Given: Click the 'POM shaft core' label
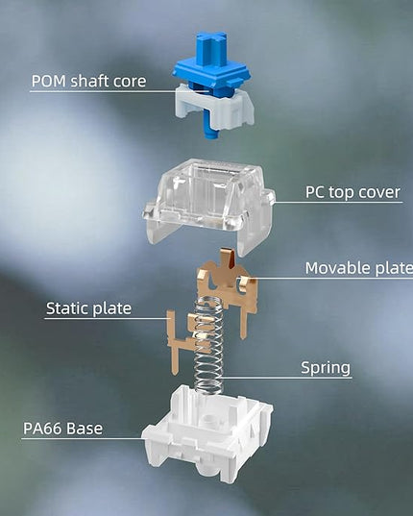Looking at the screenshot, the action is tap(88, 81).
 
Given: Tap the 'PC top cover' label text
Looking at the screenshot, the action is tap(352, 192).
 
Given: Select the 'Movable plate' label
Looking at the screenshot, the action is tap(359, 267).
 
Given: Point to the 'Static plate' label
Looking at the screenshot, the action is tap(88, 308).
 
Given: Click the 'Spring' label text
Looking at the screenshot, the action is tap(326, 368).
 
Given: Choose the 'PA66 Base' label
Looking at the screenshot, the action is tap(62, 429).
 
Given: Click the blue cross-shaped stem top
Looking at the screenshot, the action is tap(211, 48).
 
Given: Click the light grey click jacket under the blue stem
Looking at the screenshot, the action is tap(214, 106).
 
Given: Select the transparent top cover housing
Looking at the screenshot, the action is tap(209, 204).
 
